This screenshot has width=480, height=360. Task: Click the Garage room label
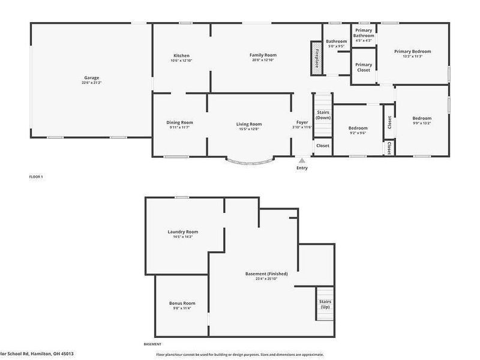coord(91,78)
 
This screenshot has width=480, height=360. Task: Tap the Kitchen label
coord(181,56)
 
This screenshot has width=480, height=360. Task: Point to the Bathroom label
coord(336,41)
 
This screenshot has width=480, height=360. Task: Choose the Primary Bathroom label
coord(364,33)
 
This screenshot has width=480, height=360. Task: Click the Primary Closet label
coord(364,67)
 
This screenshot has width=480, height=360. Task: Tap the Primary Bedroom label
coord(412,52)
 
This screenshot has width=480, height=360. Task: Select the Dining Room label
coord(179,122)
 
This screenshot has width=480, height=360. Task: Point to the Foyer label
coord(302,122)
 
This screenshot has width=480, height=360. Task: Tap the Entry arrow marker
coord(302,160)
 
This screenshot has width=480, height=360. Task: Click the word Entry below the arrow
coord(302,168)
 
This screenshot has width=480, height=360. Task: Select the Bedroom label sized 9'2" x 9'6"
coord(358,128)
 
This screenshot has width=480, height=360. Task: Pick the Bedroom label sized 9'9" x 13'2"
coord(421,118)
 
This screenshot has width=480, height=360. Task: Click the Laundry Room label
coord(182,232)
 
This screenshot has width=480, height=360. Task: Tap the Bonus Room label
coord(182,303)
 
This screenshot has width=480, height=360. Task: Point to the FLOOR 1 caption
coord(37,176)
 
